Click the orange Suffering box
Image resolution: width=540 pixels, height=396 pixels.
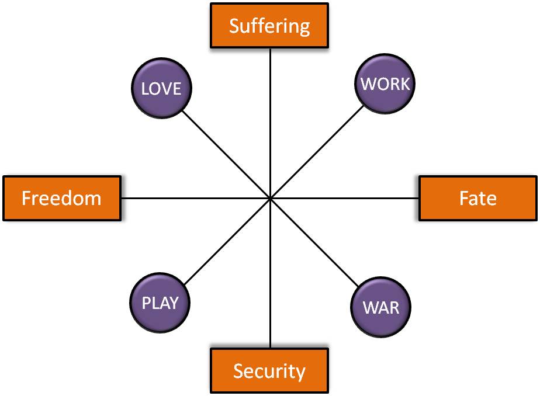pos(269,26)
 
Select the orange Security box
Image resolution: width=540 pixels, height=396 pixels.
pos(269,370)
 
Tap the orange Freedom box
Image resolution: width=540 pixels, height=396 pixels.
pos(61,198)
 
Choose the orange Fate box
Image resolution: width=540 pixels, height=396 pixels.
pos(478,198)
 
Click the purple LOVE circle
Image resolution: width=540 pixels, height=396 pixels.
pos(161,88)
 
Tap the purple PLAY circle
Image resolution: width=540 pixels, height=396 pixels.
pos(160,303)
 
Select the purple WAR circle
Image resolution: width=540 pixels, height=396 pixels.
pos(381,307)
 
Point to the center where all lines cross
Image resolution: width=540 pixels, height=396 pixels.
pos(270,199)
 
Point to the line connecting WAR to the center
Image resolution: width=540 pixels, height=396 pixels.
pos(319,247)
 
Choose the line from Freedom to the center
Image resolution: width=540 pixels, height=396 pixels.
pos(193,198)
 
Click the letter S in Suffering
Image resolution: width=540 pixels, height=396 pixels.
pos(234,26)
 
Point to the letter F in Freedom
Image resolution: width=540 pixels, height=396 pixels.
pos(26,199)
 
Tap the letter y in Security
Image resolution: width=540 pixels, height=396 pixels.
pos(300,373)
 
